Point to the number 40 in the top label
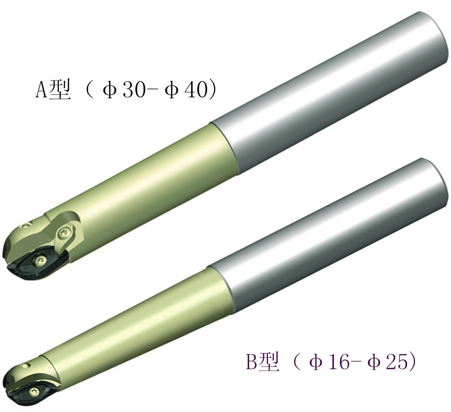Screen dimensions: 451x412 point(195,89)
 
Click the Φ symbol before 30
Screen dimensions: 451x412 point(109,90)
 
